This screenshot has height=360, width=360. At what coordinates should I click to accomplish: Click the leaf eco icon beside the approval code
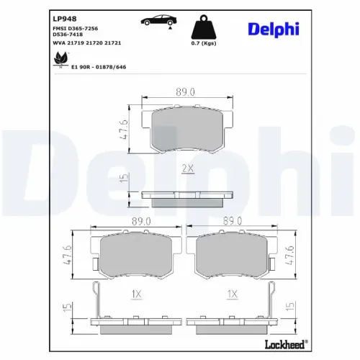(58, 62)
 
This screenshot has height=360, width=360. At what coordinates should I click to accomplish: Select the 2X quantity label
(188, 169)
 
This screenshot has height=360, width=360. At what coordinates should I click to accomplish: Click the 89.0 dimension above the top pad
(186, 91)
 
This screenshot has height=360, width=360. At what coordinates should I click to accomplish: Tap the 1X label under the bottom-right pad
(232, 294)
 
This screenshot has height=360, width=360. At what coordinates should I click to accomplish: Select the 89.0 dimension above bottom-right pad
(232, 223)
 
